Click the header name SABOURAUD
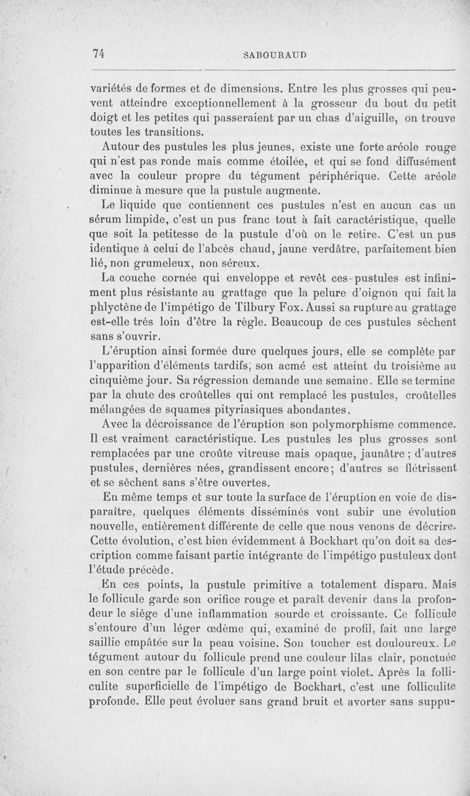pos(275,55)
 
